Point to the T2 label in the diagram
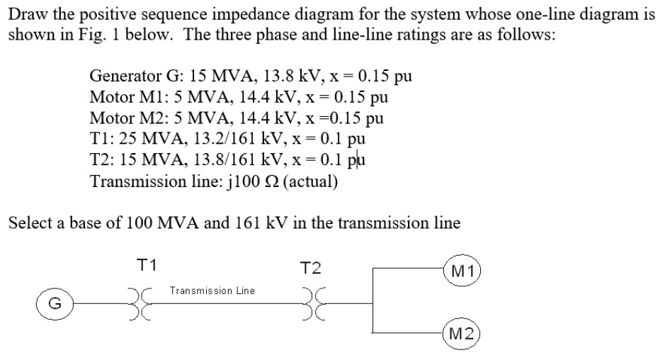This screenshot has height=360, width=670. [310, 268]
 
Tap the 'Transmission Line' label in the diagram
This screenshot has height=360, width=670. [212, 291]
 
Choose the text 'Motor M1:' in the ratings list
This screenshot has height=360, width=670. [121, 96]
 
